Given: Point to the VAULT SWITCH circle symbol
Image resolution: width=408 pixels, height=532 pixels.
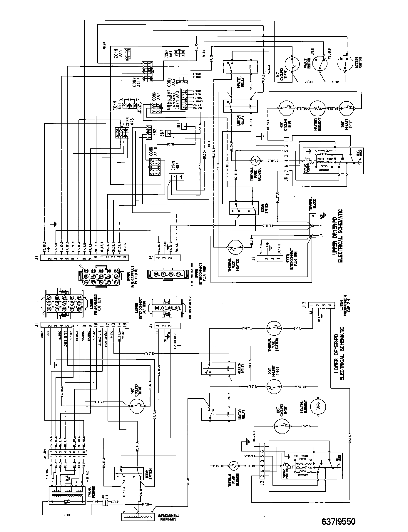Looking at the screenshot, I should click(x=317, y=63).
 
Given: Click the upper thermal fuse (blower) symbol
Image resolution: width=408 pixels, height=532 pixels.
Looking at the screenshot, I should click(x=255, y=161).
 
